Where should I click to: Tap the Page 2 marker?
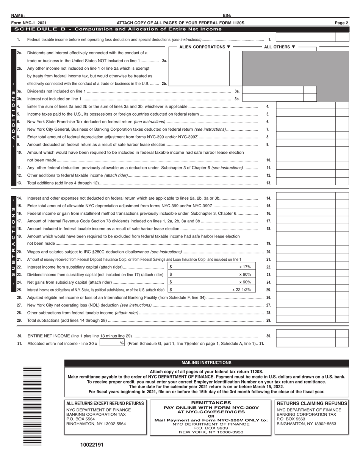coord(341,23)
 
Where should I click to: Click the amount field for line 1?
coord(305,38)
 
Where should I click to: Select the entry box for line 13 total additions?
coord(305,183)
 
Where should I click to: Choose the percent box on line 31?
coord(112,343)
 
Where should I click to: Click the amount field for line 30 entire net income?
coord(305,334)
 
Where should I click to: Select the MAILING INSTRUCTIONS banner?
coord(207,363)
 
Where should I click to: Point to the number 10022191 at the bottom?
coord(91,445)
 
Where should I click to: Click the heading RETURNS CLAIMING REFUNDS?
coord(312,403)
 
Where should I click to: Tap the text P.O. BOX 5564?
coord(80,419)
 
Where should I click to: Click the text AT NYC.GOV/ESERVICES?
coord(211,411)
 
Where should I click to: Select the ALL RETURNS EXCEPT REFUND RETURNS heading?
coord(105,403)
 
